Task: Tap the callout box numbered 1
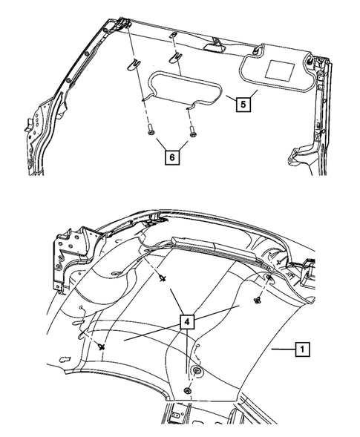[303, 347]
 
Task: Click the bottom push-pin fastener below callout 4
[189, 390]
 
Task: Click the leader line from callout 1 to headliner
[282, 348]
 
